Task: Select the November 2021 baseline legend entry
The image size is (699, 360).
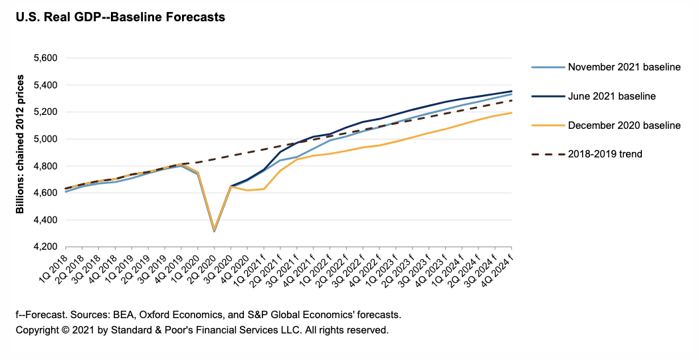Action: pyautogui.click(x=624, y=67)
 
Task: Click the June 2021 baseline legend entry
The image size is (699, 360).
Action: pyautogui.click(x=612, y=96)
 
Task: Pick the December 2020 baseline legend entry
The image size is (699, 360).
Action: pyautogui.click(x=625, y=125)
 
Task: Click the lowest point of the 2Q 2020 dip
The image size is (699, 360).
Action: pyautogui.click(x=214, y=231)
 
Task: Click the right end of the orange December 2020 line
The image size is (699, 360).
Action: pyautogui.click(x=511, y=113)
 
